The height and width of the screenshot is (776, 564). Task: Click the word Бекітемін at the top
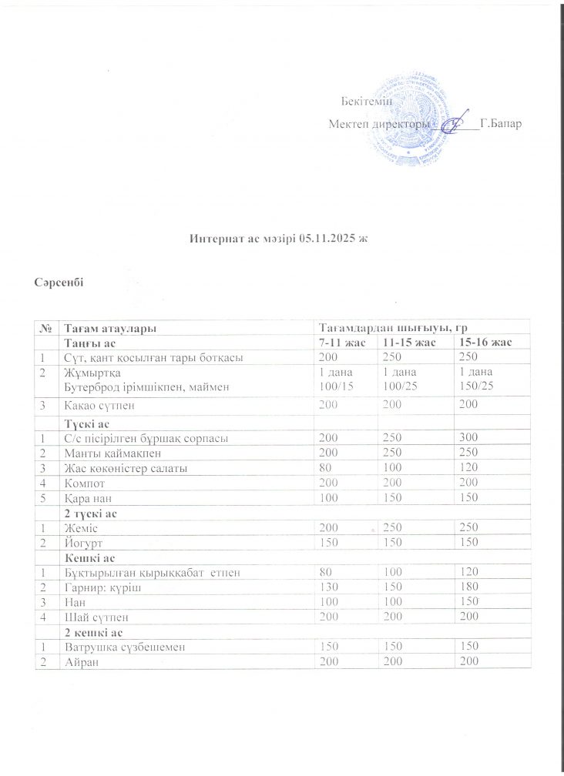point(366,101)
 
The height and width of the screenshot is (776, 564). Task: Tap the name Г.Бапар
point(500,123)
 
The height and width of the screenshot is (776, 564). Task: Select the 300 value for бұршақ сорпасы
point(468,438)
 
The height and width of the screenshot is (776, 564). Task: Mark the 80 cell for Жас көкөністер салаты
point(325,468)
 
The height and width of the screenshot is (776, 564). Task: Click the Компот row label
point(86,483)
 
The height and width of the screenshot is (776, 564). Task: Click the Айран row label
point(82,662)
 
